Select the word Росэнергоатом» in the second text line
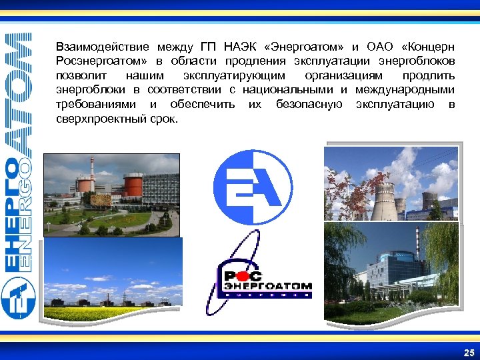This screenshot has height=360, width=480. (x=97, y=61)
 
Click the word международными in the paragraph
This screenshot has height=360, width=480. (x=403, y=89)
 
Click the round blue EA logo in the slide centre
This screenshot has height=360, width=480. (x=256, y=187)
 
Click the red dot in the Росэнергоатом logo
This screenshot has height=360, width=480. (x=247, y=275)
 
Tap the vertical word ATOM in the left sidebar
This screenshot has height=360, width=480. (x=17, y=87)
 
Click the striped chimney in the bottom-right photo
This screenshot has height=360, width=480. (x=418, y=244)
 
